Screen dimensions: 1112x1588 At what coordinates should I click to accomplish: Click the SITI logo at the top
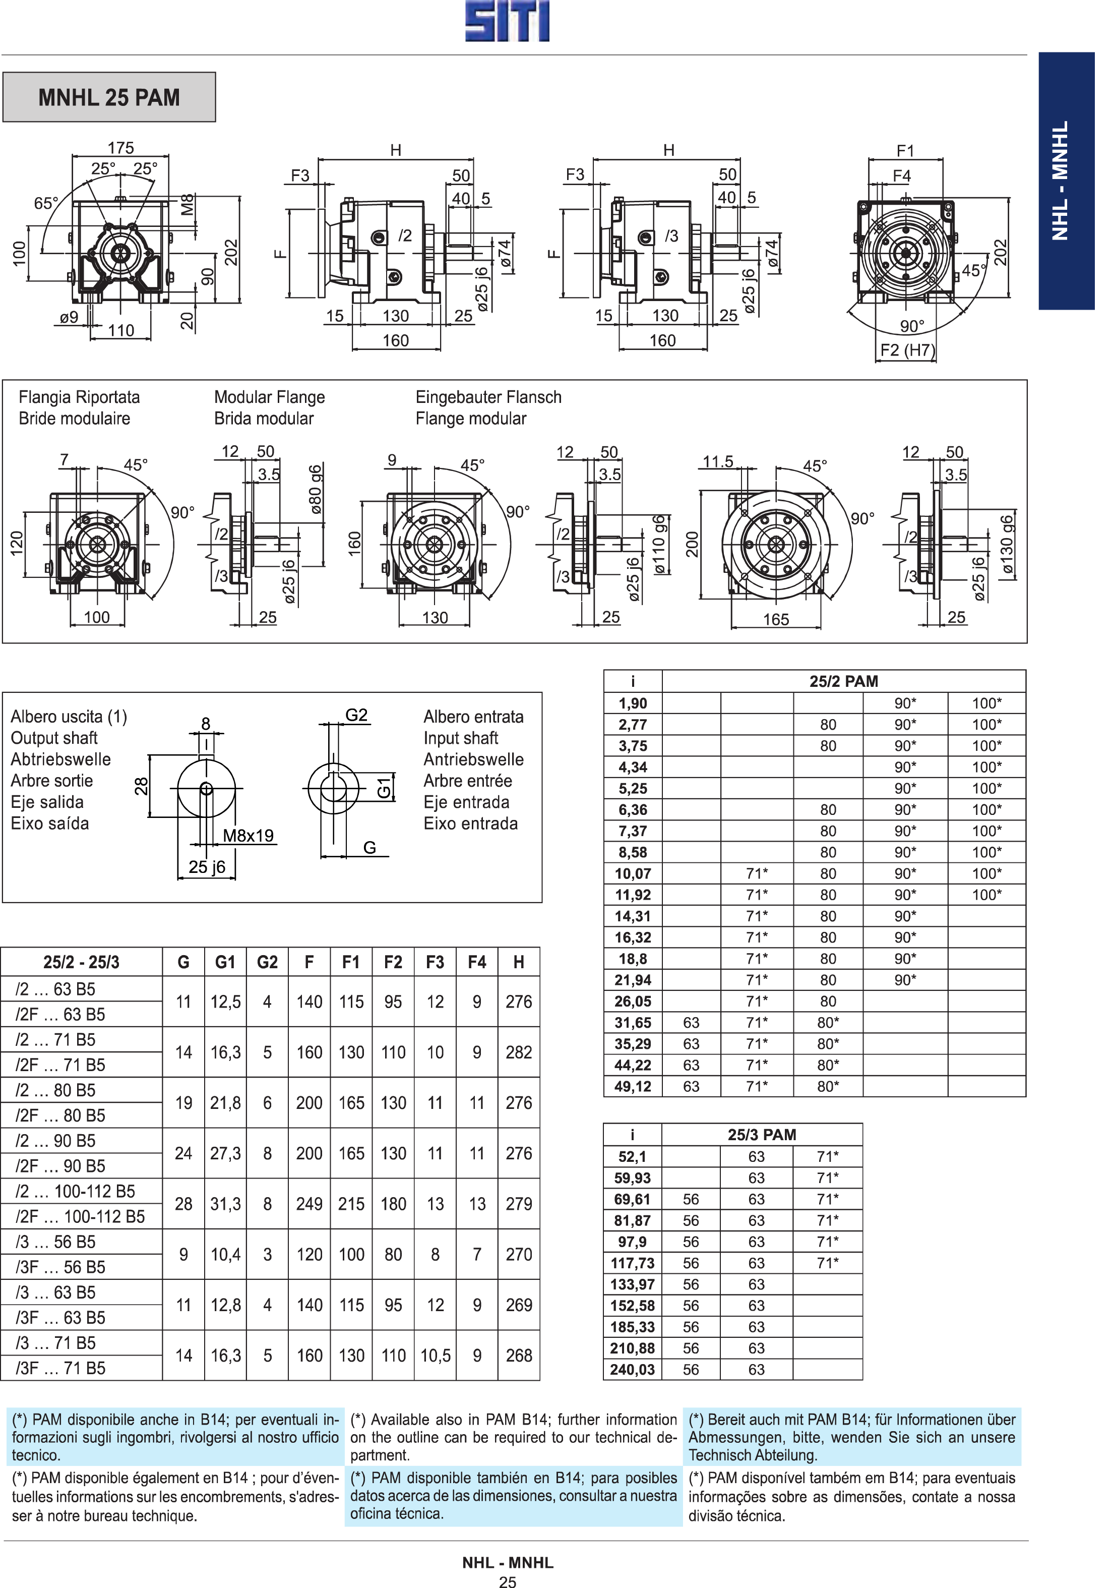click(x=507, y=22)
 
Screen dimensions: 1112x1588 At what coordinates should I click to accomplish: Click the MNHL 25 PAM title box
click(x=109, y=97)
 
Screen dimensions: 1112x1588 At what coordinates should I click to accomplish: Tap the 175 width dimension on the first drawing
click(x=120, y=147)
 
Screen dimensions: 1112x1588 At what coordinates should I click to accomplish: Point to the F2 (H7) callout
click(x=907, y=350)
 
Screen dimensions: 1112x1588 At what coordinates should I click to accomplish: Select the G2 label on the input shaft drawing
click(x=356, y=715)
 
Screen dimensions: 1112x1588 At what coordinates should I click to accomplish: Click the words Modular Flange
click(x=269, y=397)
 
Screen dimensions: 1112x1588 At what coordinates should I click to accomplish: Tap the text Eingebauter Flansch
click(x=488, y=397)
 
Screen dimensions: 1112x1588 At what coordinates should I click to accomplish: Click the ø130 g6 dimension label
click(x=1007, y=545)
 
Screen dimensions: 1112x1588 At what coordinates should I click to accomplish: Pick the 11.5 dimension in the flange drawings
click(x=718, y=461)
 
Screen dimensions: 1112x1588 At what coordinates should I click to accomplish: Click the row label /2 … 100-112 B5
click(x=76, y=1191)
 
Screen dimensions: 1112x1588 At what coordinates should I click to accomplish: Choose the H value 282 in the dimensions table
click(x=519, y=1052)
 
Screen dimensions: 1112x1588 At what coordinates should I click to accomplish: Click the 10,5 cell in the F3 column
click(x=436, y=1356)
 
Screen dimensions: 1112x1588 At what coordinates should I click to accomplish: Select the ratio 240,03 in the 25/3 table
click(x=632, y=1370)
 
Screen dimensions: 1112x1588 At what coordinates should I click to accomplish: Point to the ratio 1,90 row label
click(x=633, y=703)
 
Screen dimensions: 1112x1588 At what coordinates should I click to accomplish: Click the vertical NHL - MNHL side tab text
click(x=1060, y=181)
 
